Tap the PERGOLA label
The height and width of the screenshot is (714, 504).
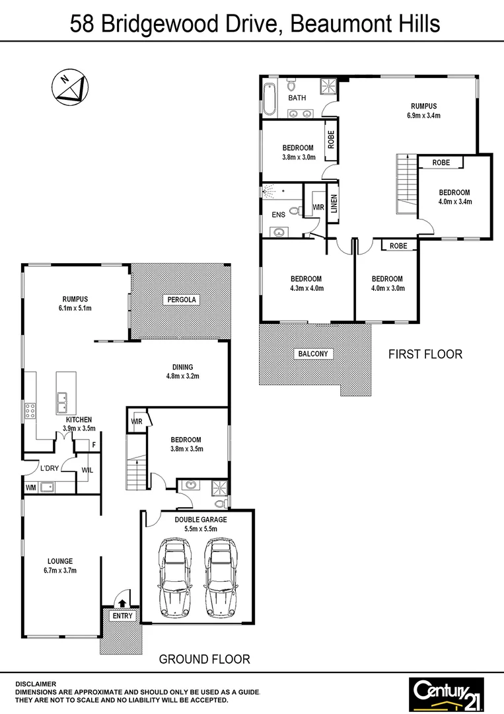pyautogui.click(x=181, y=299)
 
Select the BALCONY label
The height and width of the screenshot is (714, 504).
pyautogui.click(x=312, y=354)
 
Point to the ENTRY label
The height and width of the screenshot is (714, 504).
pyautogui.click(x=123, y=615)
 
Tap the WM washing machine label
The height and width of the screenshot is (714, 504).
pyautogui.click(x=30, y=488)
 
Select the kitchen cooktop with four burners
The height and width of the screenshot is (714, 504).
pyautogui.click(x=30, y=411)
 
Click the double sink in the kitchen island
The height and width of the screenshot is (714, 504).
pyautogui.click(x=65, y=399)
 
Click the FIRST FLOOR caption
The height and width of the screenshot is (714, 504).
pyautogui.click(x=425, y=354)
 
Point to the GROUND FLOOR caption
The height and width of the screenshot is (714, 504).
pyautogui.click(x=205, y=658)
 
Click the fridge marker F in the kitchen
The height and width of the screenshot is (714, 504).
pyautogui.click(x=94, y=445)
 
